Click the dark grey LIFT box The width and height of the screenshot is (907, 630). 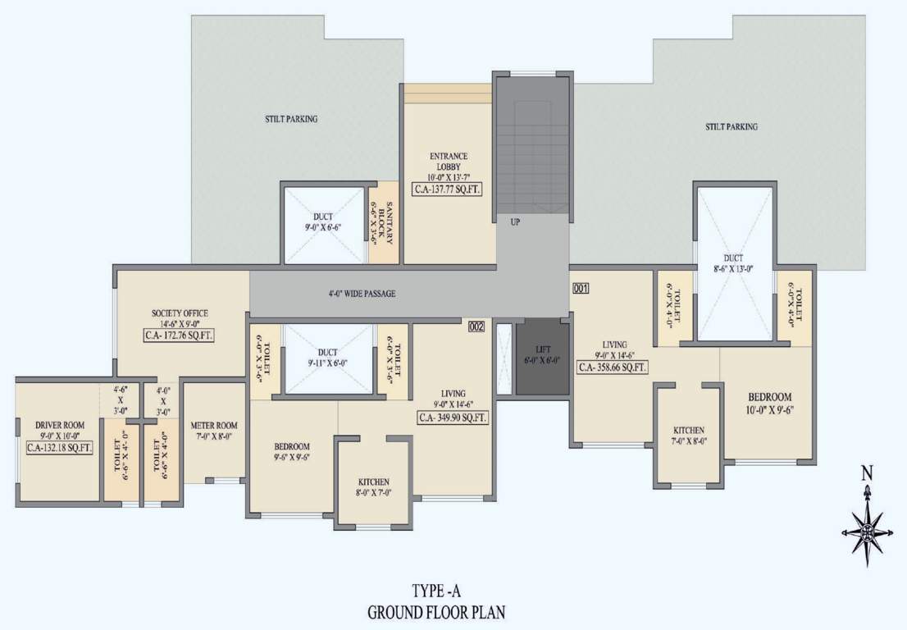pyautogui.click(x=542, y=355)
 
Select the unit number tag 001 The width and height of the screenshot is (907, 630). pyautogui.click(x=581, y=288)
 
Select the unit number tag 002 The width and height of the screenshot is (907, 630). pyautogui.click(x=476, y=327)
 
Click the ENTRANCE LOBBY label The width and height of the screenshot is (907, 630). pyautogui.click(x=449, y=161)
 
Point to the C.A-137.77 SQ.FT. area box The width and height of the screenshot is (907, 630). pyautogui.click(x=449, y=188)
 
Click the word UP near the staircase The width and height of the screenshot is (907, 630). pyautogui.click(x=515, y=221)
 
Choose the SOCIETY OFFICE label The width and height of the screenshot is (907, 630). pyautogui.click(x=180, y=313)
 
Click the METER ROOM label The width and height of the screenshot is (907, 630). pyautogui.click(x=214, y=426)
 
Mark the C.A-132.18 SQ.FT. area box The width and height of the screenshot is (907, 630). pyautogui.click(x=60, y=447)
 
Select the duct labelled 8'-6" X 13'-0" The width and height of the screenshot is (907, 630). pyautogui.click(x=734, y=262)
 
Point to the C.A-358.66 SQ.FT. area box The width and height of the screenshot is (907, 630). pyautogui.click(x=613, y=367)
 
